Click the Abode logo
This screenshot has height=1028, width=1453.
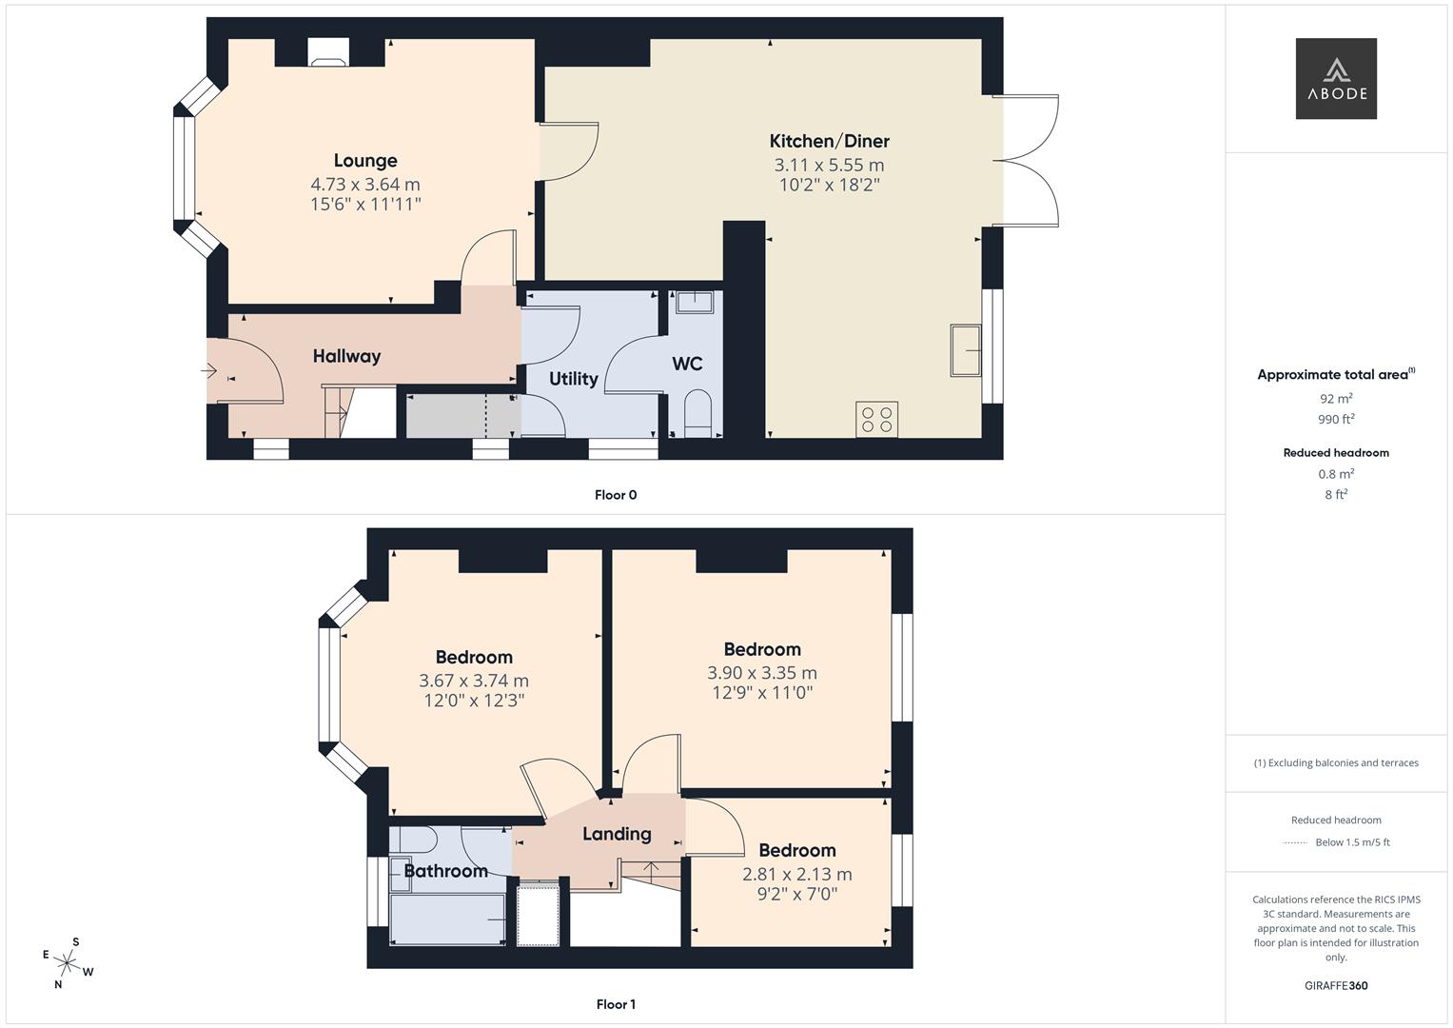click(1335, 78)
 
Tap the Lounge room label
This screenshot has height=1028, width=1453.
click(365, 161)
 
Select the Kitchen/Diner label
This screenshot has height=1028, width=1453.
click(829, 142)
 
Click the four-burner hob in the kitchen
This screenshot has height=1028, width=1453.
click(876, 420)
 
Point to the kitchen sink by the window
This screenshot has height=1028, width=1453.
click(966, 350)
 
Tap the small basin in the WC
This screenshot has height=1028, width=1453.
click(695, 303)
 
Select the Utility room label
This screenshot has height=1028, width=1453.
click(573, 379)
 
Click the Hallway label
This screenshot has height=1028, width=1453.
click(346, 356)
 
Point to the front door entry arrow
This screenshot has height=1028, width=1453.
click(209, 370)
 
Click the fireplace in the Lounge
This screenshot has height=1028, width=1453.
click(328, 53)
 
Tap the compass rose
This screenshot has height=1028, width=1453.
click(68, 963)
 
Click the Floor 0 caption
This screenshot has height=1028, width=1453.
click(616, 495)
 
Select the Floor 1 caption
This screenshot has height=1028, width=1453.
click(616, 1004)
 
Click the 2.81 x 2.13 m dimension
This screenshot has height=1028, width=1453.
click(796, 874)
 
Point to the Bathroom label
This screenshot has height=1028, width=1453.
click(445, 871)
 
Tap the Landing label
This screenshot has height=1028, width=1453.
click(617, 834)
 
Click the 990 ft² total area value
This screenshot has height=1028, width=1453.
click(1335, 419)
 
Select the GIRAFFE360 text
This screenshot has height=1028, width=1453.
click(1335, 985)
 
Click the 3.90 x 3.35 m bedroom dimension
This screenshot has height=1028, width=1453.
click(761, 673)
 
